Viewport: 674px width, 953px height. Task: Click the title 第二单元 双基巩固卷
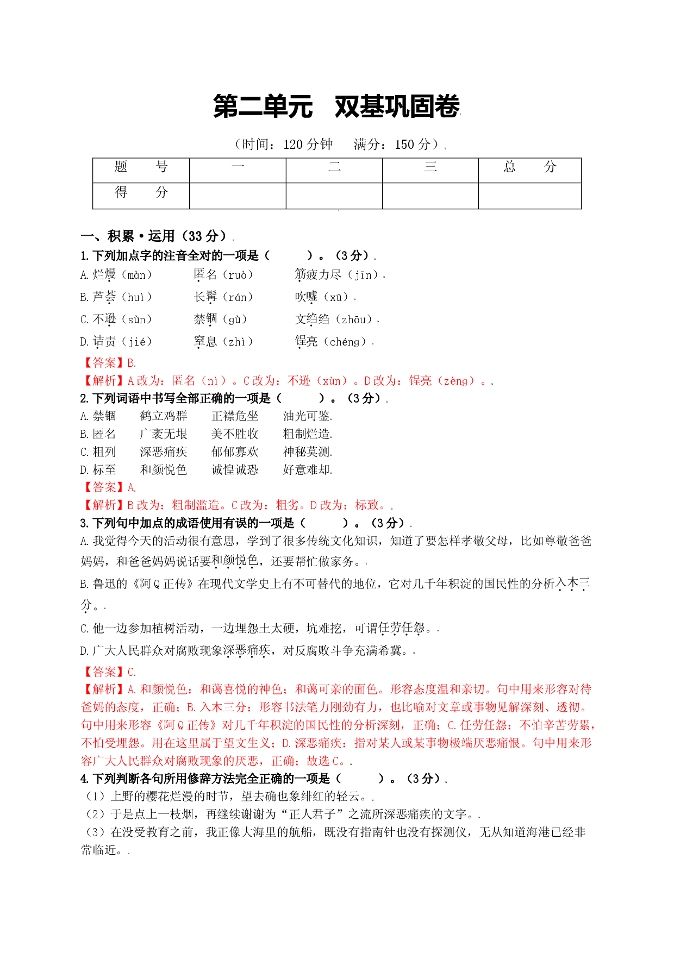(336, 106)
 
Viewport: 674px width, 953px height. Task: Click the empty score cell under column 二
(334, 196)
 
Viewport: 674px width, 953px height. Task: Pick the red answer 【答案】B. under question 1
(109, 363)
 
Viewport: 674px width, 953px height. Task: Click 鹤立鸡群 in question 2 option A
(164, 416)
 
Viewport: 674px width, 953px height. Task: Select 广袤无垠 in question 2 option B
(164, 434)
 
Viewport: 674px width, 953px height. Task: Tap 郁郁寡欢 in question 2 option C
(235, 452)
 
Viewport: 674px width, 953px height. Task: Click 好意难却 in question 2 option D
(307, 470)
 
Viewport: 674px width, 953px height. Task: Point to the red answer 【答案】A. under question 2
(109, 487)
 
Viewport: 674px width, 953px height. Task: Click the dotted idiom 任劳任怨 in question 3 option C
(402, 629)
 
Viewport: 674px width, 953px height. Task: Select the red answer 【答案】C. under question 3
(109, 672)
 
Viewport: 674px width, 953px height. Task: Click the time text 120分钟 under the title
(308, 145)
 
